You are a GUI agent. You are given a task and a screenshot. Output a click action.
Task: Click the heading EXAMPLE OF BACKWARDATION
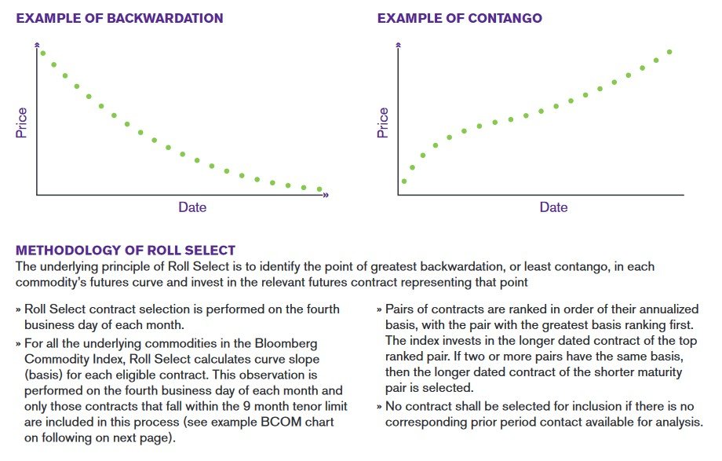[x=119, y=18]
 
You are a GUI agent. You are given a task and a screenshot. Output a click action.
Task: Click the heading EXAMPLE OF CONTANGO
[x=459, y=18]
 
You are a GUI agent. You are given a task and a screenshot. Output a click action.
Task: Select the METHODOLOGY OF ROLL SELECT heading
[x=126, y=251]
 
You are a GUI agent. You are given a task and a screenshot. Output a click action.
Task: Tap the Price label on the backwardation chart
[x=22, y=123]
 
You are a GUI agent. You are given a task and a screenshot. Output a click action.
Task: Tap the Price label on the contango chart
[x=383, y=123]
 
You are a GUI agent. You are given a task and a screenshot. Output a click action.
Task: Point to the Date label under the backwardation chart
[x=192, y=207]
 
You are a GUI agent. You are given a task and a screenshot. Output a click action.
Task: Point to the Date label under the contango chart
[x=553, y=207]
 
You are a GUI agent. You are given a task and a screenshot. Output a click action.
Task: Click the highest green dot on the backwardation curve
[x=42, y=53]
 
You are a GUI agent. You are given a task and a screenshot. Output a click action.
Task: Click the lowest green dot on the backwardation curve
[x=319, y=189]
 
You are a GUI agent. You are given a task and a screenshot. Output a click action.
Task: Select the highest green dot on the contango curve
[x=669, y=52]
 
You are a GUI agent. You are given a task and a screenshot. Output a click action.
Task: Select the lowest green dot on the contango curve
[x=403, y=181]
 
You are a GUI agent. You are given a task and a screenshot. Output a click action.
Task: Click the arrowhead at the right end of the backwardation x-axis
[x=325, y=194]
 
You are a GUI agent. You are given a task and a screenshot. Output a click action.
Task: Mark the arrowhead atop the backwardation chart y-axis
[x=36, y=47]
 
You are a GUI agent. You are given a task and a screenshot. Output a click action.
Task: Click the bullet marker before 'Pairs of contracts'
[x=380, y=309]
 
